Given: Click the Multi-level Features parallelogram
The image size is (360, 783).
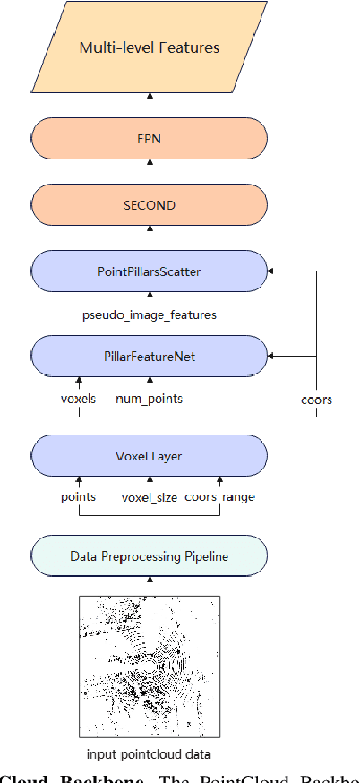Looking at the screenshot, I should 150,47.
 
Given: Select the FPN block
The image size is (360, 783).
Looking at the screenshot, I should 150,140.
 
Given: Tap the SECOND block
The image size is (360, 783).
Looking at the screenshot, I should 150,204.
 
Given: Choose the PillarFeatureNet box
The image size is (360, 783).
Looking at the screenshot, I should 150,356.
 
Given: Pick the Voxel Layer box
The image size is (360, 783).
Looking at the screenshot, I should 150,456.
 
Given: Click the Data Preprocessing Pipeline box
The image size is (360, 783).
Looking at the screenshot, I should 150,556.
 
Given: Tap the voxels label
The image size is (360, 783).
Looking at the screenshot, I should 79,399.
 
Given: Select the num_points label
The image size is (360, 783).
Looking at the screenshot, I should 150,399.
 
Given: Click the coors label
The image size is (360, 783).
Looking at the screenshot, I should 316,400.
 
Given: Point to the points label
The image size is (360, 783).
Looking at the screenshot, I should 79,496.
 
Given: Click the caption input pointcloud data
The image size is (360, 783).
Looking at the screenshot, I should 150,753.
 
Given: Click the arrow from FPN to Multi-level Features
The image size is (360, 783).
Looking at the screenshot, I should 150,104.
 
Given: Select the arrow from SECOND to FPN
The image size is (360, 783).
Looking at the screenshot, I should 150,172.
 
